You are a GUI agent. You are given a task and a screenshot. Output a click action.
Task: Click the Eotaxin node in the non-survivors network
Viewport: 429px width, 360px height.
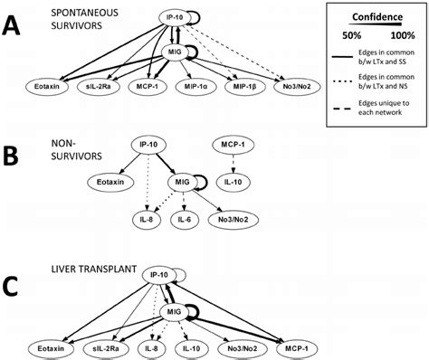tap(105, 182)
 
